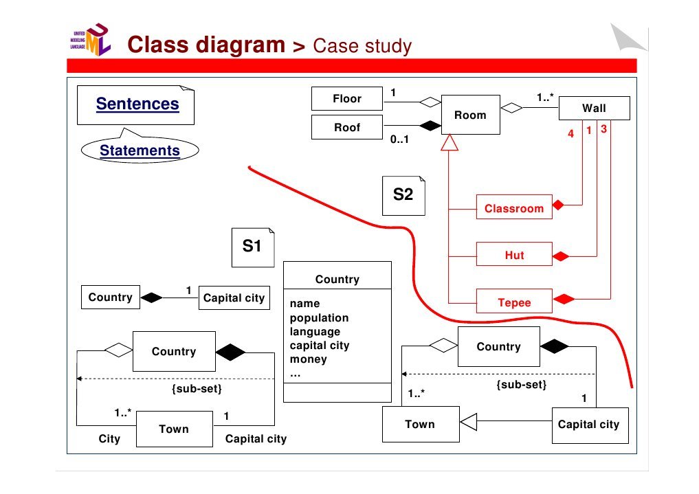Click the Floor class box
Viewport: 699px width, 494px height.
(346, 99)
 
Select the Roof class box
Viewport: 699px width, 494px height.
(346, 127)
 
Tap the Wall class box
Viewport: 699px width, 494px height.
(594, 108)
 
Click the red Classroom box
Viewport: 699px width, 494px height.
(514, 208)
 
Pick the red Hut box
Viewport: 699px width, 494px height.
(514, 255)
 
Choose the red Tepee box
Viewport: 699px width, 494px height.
(514, 302)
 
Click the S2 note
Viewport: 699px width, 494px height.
(403, 194)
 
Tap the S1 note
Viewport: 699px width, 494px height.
(252, 246)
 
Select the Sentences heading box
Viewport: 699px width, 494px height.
(137, 104)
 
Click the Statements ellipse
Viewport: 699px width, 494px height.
(140, 150)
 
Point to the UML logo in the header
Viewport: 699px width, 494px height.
(91, 41)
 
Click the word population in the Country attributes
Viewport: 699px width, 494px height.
(319, 317)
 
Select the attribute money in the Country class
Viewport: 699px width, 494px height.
(308, 359)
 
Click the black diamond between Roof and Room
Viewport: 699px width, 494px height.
(430, 126)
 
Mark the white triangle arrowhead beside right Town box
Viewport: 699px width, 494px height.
(469, 421)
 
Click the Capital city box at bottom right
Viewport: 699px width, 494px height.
(589, 425)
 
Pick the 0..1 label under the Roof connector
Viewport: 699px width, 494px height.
(399, 139)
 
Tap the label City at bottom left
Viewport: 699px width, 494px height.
(109, 438)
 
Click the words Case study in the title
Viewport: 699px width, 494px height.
(362, 46)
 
